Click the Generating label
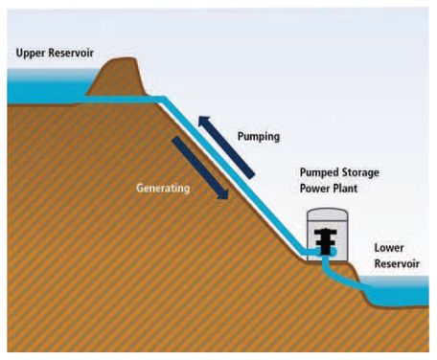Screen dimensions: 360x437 tap(162, 189)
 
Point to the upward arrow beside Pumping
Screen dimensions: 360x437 tap(227, 145)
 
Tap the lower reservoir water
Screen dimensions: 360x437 tap(402, 296)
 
